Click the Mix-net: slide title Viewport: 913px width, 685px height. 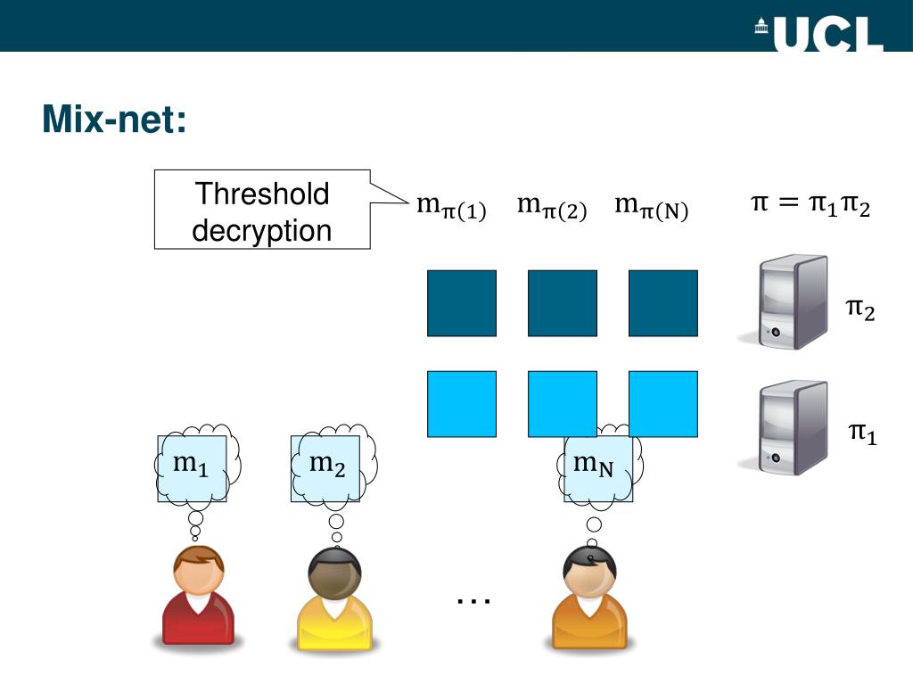[x=114, y=120]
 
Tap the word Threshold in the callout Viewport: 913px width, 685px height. [x=262, y=194]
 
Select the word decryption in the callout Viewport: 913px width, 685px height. [x=262, y=231]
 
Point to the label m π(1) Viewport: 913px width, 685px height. [x=451, y=208]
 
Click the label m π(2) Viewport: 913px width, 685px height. [x=552, y=208]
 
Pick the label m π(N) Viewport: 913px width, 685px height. [x=652, y=208]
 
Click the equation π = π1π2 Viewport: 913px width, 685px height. [x=810, y=206]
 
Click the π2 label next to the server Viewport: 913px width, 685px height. [x=860, y=309]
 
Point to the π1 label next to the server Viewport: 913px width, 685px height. [x=862, y=433]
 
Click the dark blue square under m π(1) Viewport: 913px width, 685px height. [x=462, y=303]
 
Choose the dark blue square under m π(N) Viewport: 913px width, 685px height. [x=663, y=303]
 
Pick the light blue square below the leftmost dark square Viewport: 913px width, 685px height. [x=462, y=404]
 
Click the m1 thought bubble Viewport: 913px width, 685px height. [x=192, y=465]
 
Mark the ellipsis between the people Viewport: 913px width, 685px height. [x=473, y=602]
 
